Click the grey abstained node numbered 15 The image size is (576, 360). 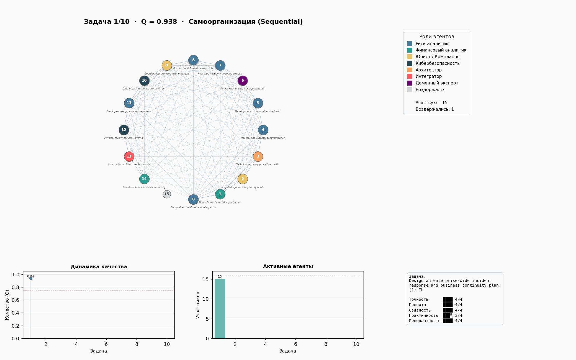point(167,194)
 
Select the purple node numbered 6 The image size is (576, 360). point(243,81)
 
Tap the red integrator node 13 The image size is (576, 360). point(129,156)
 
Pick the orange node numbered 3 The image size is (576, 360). point(258,156)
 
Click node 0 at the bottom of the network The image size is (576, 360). point(193,199)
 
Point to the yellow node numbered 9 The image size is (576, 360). point(167,65)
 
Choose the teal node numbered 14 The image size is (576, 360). point(144,179)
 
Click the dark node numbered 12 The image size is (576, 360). point(124,130)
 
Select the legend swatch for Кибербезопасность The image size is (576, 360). point(410,63)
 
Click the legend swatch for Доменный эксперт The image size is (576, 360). point(410,83)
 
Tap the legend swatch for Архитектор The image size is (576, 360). point(410,70)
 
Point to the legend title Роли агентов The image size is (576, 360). point(436,37)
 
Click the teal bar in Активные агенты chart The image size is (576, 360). point(220,309)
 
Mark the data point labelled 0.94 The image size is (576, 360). point(31,278)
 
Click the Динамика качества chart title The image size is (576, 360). point(99,267)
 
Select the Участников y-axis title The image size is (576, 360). point(198,305)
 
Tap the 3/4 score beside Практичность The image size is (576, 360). point(459,315)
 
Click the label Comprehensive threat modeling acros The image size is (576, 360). point(193,207)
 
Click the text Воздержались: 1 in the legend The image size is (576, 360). point(434,109)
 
